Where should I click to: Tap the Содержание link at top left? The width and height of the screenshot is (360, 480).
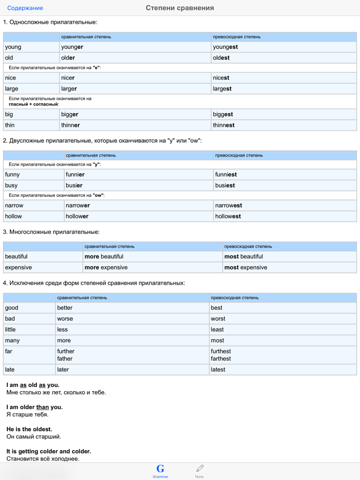click(25, 8)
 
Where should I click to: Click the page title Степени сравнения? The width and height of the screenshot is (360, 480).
click(180, 8)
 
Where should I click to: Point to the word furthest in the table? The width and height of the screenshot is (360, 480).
click(221, 352)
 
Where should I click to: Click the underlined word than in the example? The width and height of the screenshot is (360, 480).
click(42, 407)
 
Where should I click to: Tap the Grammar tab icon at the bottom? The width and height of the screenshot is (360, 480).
click(160, 469)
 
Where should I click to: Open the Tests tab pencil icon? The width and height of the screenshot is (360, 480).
click(200, 468)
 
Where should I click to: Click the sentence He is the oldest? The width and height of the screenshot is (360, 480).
click(29, 429)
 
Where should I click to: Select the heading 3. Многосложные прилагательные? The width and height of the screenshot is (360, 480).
click(51, 232)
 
